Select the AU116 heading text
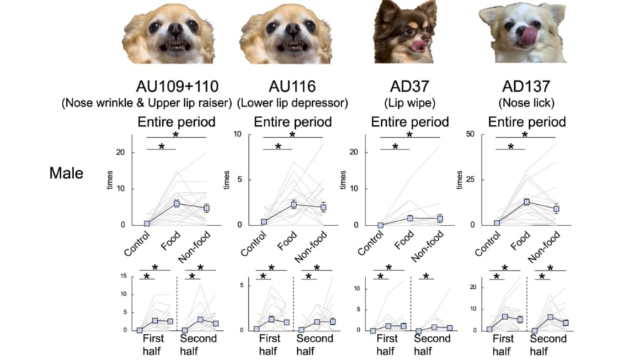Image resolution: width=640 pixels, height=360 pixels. pos(292,87)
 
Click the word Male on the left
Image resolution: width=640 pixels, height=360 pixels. pos(66,172)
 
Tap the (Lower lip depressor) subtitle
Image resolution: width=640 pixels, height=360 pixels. pos(292,103)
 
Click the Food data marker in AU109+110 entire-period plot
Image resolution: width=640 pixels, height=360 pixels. pos(177,203)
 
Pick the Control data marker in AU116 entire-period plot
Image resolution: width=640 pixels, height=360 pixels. pos(264,222)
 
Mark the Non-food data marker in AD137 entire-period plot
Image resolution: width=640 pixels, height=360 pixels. pos(556,208)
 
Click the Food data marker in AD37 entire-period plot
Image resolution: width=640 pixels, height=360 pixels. pos(410,218)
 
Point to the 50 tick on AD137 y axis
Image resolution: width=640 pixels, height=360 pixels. pos(471,134)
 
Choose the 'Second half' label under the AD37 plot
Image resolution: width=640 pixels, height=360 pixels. pos(433,344)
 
